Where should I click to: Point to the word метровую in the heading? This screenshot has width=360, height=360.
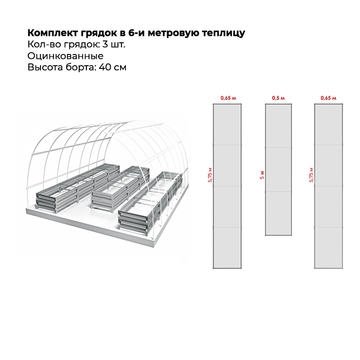(x=173, y=33)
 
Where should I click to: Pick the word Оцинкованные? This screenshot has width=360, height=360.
(x=65, y=56)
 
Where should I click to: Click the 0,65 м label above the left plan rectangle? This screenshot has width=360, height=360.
(x=228, y=98)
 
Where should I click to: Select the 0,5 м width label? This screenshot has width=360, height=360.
(x=279, y=98)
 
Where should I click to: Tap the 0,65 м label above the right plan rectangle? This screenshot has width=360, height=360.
(x=328, y=98)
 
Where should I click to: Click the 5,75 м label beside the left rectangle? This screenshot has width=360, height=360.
(x=210, y=175)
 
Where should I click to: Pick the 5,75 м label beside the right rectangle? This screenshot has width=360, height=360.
(x=311, y=175)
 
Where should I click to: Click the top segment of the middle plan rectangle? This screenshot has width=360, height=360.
(x=279, y=126)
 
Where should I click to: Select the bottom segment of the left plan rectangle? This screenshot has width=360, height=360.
(x=228, y=247)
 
